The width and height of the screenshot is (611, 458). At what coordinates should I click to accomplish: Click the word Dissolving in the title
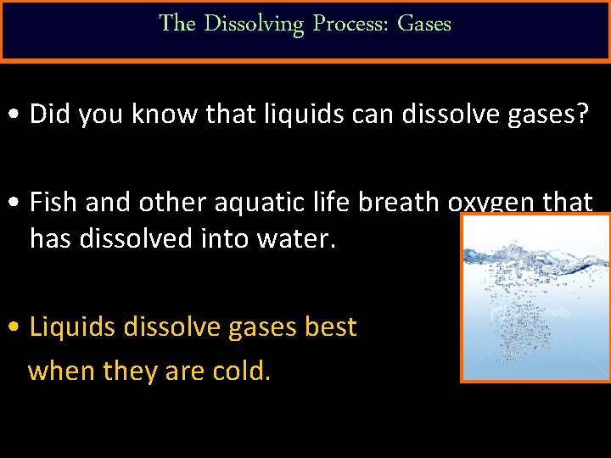(x=253, y=24)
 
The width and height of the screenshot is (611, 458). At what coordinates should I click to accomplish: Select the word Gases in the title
(x=424, y=24)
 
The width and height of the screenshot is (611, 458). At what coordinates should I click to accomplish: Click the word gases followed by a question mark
(x=532, y=115)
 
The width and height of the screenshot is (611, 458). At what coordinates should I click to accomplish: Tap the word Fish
(x=56, y=203)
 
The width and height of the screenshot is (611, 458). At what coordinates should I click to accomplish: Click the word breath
(x=394, y=203)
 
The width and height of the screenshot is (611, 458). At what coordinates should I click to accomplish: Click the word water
(x=294, y=239)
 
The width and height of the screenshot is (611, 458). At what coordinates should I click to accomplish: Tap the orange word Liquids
(x=74, y=327)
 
